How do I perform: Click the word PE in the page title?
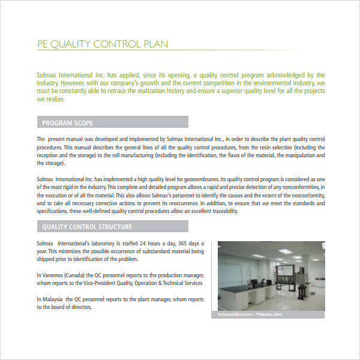pyautogui.click(x=42, y=44)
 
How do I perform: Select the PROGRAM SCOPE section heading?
pyautogui.click(x=67, y=123)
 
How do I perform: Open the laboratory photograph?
pyautogui.click(x=271, y=276)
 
